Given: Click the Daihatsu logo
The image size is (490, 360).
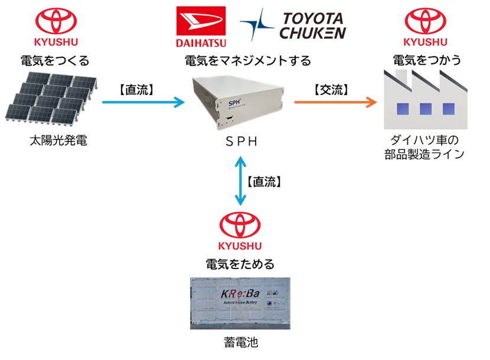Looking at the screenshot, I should tap(200, 27).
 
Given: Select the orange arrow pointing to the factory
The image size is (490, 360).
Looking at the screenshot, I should tap(335, 102).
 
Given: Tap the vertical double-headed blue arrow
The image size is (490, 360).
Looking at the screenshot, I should tap(240, 181).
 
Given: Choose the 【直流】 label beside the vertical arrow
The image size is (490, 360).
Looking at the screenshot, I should tap(264, 182).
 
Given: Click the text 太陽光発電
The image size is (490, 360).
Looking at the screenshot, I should tap(57, 140).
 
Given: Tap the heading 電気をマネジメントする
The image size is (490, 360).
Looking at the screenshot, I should tap(248, 60).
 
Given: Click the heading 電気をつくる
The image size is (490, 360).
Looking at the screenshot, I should tap(56, 60).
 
